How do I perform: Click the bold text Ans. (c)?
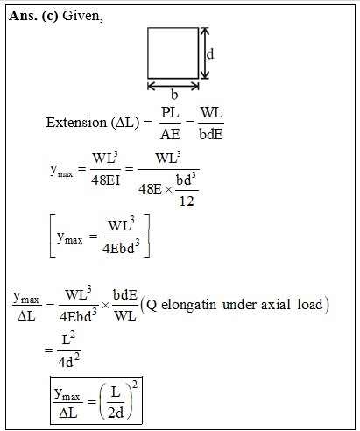point(33,16)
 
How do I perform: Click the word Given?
point(82,16)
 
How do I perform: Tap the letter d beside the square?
point(210,54)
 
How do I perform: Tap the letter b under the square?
point(174,95)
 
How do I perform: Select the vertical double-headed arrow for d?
point(205,53)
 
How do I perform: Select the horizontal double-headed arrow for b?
point(173,86)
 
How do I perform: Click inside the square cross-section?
point(173,53)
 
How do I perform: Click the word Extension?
point(76,122)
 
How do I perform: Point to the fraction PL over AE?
point(170,123)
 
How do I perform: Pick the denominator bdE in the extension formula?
point(211,134)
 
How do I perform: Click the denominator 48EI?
point(105,180)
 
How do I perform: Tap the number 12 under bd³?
point(187,201)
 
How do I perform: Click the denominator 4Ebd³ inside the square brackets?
point(121,248)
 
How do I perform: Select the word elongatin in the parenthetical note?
point(188,305)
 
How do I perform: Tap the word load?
point(310,304)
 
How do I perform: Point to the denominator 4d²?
point(68,361)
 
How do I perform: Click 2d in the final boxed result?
point(116,413)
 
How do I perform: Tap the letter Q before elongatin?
point(152,305)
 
